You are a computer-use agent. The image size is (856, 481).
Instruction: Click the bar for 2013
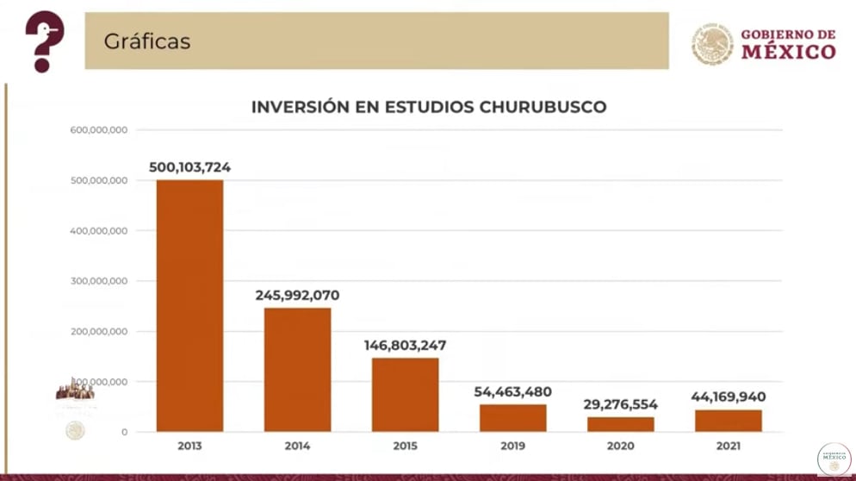(189, 305)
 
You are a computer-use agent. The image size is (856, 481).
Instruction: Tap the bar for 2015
(405, 394)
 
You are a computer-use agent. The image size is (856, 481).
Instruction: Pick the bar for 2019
(512, 417)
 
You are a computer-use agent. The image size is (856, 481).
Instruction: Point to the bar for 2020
(620, 424)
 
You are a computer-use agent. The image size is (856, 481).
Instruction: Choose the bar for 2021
(728, 421)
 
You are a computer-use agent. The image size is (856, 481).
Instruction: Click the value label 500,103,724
(189, 167)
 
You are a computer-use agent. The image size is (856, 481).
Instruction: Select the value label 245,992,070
(297, 296)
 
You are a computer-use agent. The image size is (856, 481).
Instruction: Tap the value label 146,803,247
(405, 346)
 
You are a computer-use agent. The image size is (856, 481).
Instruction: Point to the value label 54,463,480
(512, 392)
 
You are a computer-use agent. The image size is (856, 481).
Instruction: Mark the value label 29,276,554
(620, 404)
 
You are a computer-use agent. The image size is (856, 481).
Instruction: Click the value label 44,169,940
(728, 397)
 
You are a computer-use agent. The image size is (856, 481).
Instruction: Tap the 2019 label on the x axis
(512, 446)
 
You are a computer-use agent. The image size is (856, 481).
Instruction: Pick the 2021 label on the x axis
(728, 446)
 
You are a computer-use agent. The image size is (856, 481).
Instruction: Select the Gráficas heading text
(147, 41)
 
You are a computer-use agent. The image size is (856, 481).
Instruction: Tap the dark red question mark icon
(43, 41)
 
